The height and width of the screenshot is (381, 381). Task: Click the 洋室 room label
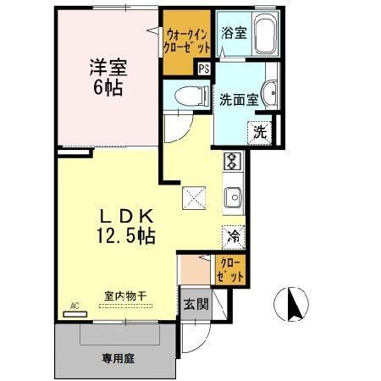tap(107, 67)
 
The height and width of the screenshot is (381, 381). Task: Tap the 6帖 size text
tap(107, 86)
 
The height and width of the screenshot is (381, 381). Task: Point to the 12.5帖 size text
tap(125, 237)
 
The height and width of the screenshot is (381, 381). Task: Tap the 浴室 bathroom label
tap(234, 34)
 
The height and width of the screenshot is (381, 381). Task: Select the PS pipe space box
tap(203, 69)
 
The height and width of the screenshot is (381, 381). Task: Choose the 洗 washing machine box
tap(260, 131)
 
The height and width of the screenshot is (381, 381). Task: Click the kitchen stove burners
tap(233, 161)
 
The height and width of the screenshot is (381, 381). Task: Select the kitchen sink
tap(233, 197)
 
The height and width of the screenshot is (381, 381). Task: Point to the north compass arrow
tap(294, 303)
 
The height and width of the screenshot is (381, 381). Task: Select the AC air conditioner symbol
tap(75, 311)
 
